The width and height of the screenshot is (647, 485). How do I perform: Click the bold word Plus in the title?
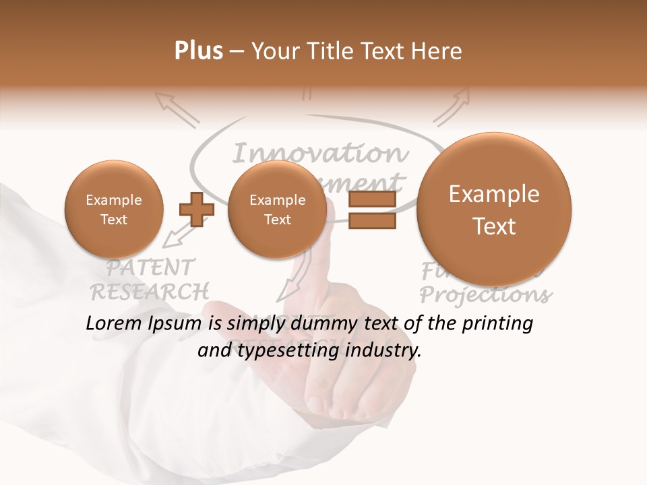point(198,51)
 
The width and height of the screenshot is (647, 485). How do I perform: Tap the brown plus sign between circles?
point(196,209)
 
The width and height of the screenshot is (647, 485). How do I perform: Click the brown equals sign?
point(372,209)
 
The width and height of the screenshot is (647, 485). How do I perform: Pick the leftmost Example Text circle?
point(113,209)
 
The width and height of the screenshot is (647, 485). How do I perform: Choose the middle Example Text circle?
point(277,209)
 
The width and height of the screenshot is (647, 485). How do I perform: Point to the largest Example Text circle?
point(494,209)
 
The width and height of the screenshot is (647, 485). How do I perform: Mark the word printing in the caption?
point(497,324)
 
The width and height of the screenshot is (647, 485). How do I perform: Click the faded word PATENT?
point(150,267)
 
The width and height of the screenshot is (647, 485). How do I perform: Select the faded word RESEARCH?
point(150,292)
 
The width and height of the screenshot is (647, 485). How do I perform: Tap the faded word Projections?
point(485,295)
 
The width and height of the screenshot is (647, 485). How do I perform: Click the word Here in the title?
point(438,51)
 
